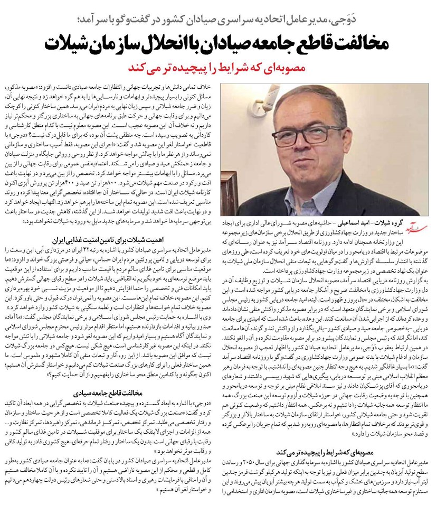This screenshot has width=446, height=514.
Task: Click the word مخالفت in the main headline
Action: tap(364, 43)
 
